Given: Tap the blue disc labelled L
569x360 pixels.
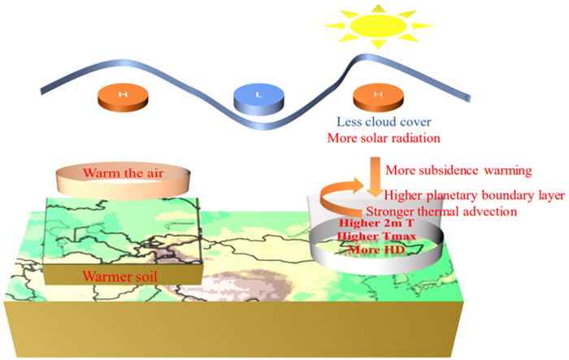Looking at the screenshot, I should (x=258, y=99).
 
